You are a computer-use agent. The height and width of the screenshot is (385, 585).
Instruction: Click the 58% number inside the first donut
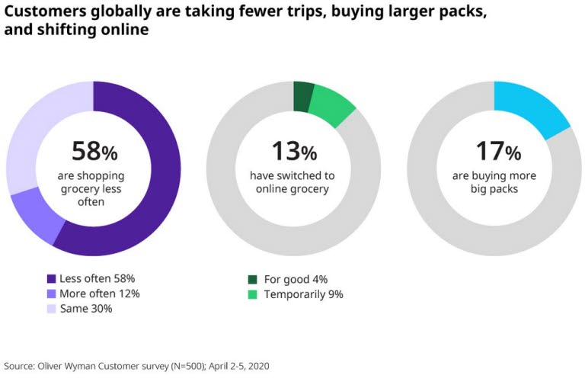point(94,151)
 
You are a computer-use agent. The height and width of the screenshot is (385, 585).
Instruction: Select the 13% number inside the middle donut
point(293,151)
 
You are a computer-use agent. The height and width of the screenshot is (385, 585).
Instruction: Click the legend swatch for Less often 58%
point(52,279)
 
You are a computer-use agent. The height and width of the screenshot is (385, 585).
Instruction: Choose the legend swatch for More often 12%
point(52,294)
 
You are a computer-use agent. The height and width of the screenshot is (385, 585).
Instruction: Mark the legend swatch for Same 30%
point(52,308)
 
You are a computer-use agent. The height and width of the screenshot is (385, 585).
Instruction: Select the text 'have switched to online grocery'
point(293,182)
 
